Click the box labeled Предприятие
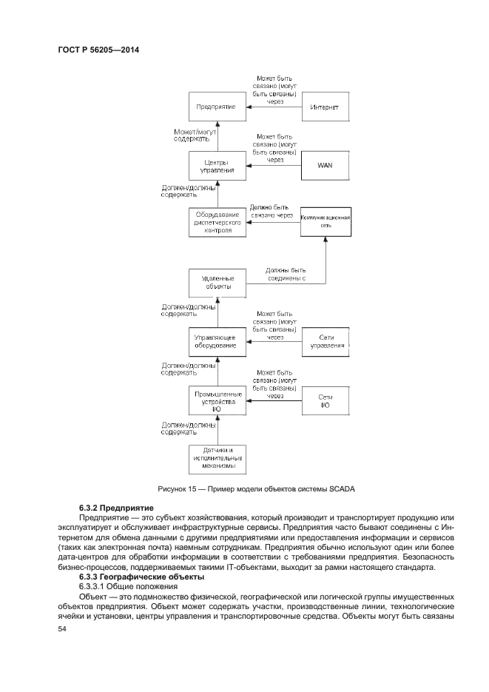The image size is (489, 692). click(216, 107)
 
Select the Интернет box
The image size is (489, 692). click(325, 107)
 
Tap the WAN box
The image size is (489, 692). click(325, 165)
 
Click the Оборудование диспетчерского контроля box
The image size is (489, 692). click(216, 222)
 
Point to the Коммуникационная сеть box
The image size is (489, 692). click(325, 222)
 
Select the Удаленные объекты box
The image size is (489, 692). click(216, 282)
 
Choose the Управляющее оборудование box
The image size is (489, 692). click(216, 341)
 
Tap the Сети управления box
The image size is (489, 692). click(325, 341)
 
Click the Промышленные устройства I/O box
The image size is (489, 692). click(216, 401)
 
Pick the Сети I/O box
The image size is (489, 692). click(325, 401)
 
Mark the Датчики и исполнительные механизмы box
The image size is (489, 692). click(216, 459)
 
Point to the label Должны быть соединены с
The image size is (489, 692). click(286, 275)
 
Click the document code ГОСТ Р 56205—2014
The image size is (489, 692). click(98, 50)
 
